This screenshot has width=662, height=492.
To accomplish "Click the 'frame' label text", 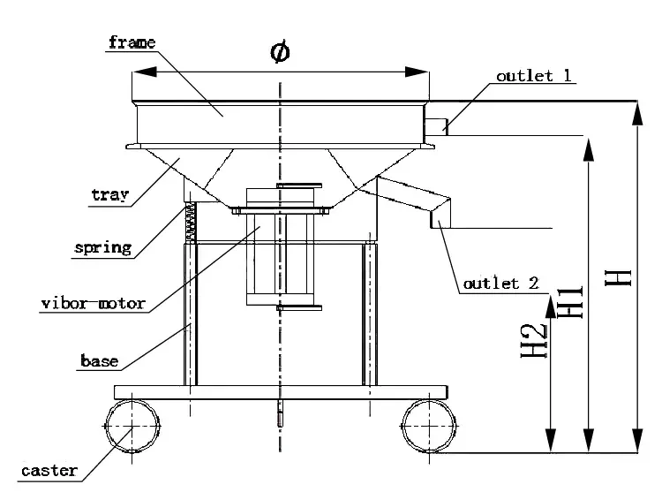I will coord(132,42).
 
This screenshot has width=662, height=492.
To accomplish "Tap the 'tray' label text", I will coord(110,194).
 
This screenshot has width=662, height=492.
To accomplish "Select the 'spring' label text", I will coord(103,247).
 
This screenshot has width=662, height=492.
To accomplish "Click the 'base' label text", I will coord(99,360).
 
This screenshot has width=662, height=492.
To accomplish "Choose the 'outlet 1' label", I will coord(532,76).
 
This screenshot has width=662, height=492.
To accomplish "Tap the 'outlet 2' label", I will coord(500,284).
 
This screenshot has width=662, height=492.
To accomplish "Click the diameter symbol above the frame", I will coord(280,53).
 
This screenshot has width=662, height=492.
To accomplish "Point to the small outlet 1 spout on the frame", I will coord(434,126).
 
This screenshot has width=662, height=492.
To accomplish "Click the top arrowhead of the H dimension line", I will coord(636,110).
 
